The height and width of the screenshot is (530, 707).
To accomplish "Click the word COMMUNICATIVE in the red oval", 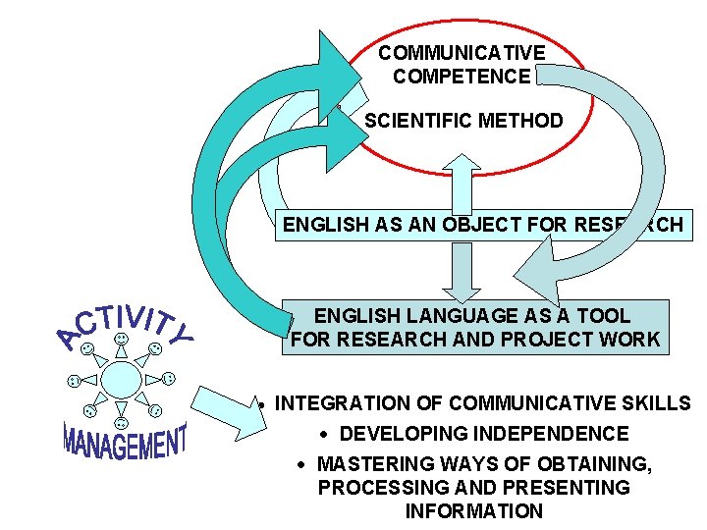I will (x=461, y=53).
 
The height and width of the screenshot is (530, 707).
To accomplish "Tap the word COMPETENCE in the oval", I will (x=461, y=77).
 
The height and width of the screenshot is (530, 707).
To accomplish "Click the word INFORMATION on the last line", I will (x=473, y=511).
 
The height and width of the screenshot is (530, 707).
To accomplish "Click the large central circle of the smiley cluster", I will (x=121, y=378).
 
